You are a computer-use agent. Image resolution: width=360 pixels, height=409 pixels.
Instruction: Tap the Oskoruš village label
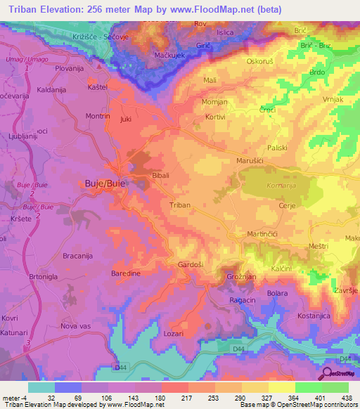tap(259, 61)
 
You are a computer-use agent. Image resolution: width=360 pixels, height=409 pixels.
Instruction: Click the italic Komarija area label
tap(282, 186)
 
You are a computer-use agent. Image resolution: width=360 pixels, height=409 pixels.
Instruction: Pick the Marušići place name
tap(249, 160)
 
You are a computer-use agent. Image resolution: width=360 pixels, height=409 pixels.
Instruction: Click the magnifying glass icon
tap(328, 373)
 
